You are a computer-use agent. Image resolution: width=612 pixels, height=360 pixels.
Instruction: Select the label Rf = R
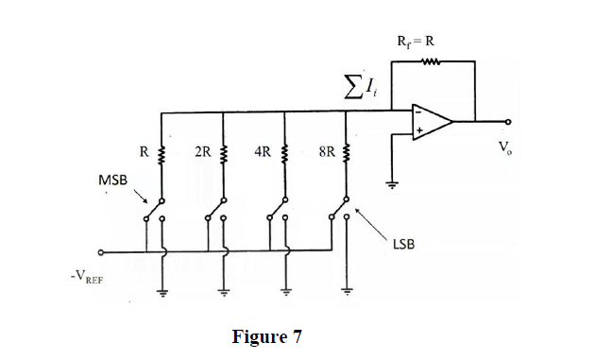pos(417,41)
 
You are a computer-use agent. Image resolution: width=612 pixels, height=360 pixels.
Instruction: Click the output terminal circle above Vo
pos(511,121)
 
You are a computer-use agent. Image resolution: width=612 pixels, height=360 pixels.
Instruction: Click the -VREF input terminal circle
pos(102,252)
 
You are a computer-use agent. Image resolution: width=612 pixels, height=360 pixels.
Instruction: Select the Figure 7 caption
pos(267,336)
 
